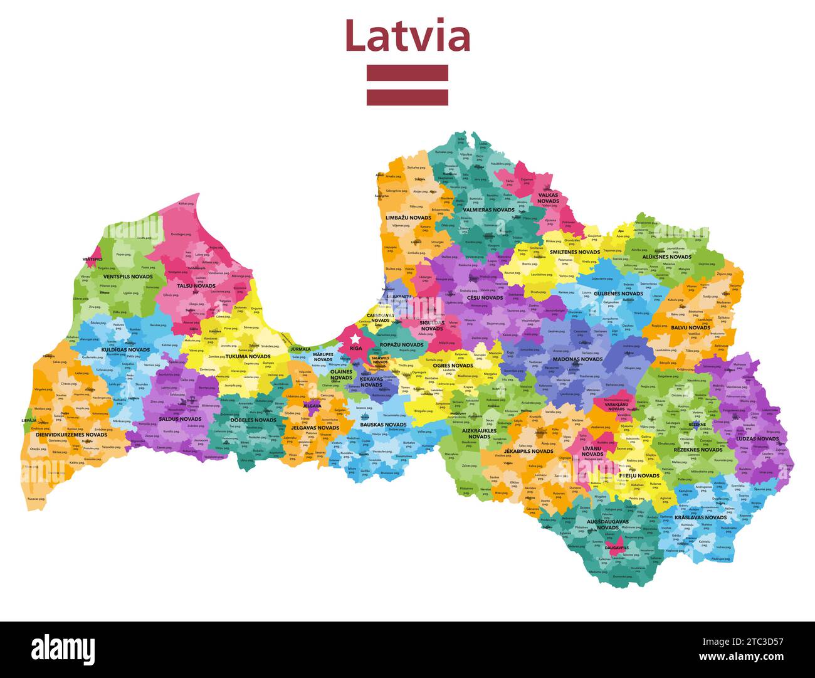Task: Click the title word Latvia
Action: coord(407,36)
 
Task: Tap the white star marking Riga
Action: coord(355,339)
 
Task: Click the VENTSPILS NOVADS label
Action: coord(128,277)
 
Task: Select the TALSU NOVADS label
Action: coord(196,286)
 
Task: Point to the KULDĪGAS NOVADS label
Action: coord(125,350)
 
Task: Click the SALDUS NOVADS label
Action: coord(180,419)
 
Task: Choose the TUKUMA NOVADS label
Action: coord(248,356)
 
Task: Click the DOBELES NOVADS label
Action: coord(253,420)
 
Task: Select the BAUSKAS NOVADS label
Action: coord(383,425)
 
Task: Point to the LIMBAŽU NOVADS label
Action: coord(408,218)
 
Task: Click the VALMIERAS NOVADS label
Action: coord(488,210)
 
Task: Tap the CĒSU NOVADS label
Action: coord(485,298)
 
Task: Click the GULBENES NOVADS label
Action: coord(618,294)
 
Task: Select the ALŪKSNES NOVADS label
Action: coord(666,257)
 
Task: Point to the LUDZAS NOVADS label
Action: coord(757,439)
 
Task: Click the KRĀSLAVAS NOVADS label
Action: coord(700,517)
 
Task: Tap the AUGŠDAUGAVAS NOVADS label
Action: coord(607,524)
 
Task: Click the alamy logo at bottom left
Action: coord(63,649)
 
